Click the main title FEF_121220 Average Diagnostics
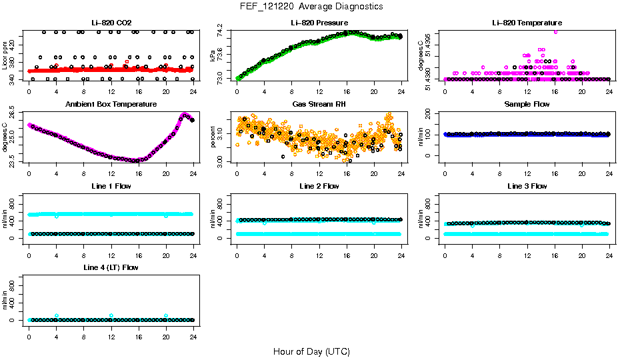pyautogui.click(x=312, y=6)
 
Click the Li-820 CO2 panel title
pyautogui.click(x=111, y=23)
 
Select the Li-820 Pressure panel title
pyautogui.click(x=319, y=23)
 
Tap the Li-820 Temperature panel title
pyautogui.click(x=527, y=23)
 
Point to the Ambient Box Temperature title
pyautogui.click(x=111, y=105)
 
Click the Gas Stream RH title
pyautogui.click(x=319, y=105)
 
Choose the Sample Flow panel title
pyautogui.click(x=527, y=105)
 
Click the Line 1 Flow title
pyautogui.click(x=111, y=186)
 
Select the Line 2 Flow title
pyautogui.click(x=319, y=186)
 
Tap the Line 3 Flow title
pyautogui.click(x=527, y=186)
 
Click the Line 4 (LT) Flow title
pyautogui.click(x=111, y=267)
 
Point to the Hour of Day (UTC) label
pyautogui.click(x=311, y=351)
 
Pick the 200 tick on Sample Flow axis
pyautogui.click(x=429, y=114)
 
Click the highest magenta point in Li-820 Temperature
pyautogui.click(x=555, y=31)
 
